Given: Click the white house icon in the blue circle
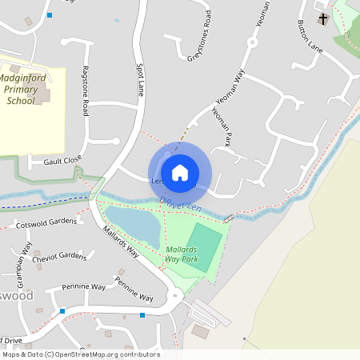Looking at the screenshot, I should coord(180,173).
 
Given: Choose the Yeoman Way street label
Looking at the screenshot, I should coord(229,88).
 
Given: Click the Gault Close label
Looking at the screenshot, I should coord(62,160).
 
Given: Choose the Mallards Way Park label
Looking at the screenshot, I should coord(181,254).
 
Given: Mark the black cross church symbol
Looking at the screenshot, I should coord(324,18).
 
